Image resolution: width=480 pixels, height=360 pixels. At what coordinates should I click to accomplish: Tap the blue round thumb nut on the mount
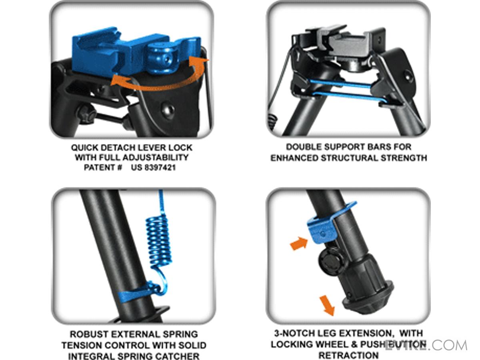point(160,59)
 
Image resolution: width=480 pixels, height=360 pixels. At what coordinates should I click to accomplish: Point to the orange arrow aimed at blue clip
point(299,243)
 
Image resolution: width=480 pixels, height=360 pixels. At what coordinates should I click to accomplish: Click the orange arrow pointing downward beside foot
point(327,305)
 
